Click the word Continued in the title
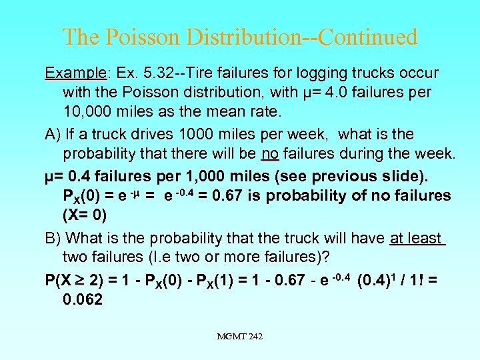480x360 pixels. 368,37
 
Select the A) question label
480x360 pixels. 53,134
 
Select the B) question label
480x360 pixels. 53,238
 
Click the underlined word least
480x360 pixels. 425,238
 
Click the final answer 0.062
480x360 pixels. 83,300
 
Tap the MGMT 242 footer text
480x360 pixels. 239,337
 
